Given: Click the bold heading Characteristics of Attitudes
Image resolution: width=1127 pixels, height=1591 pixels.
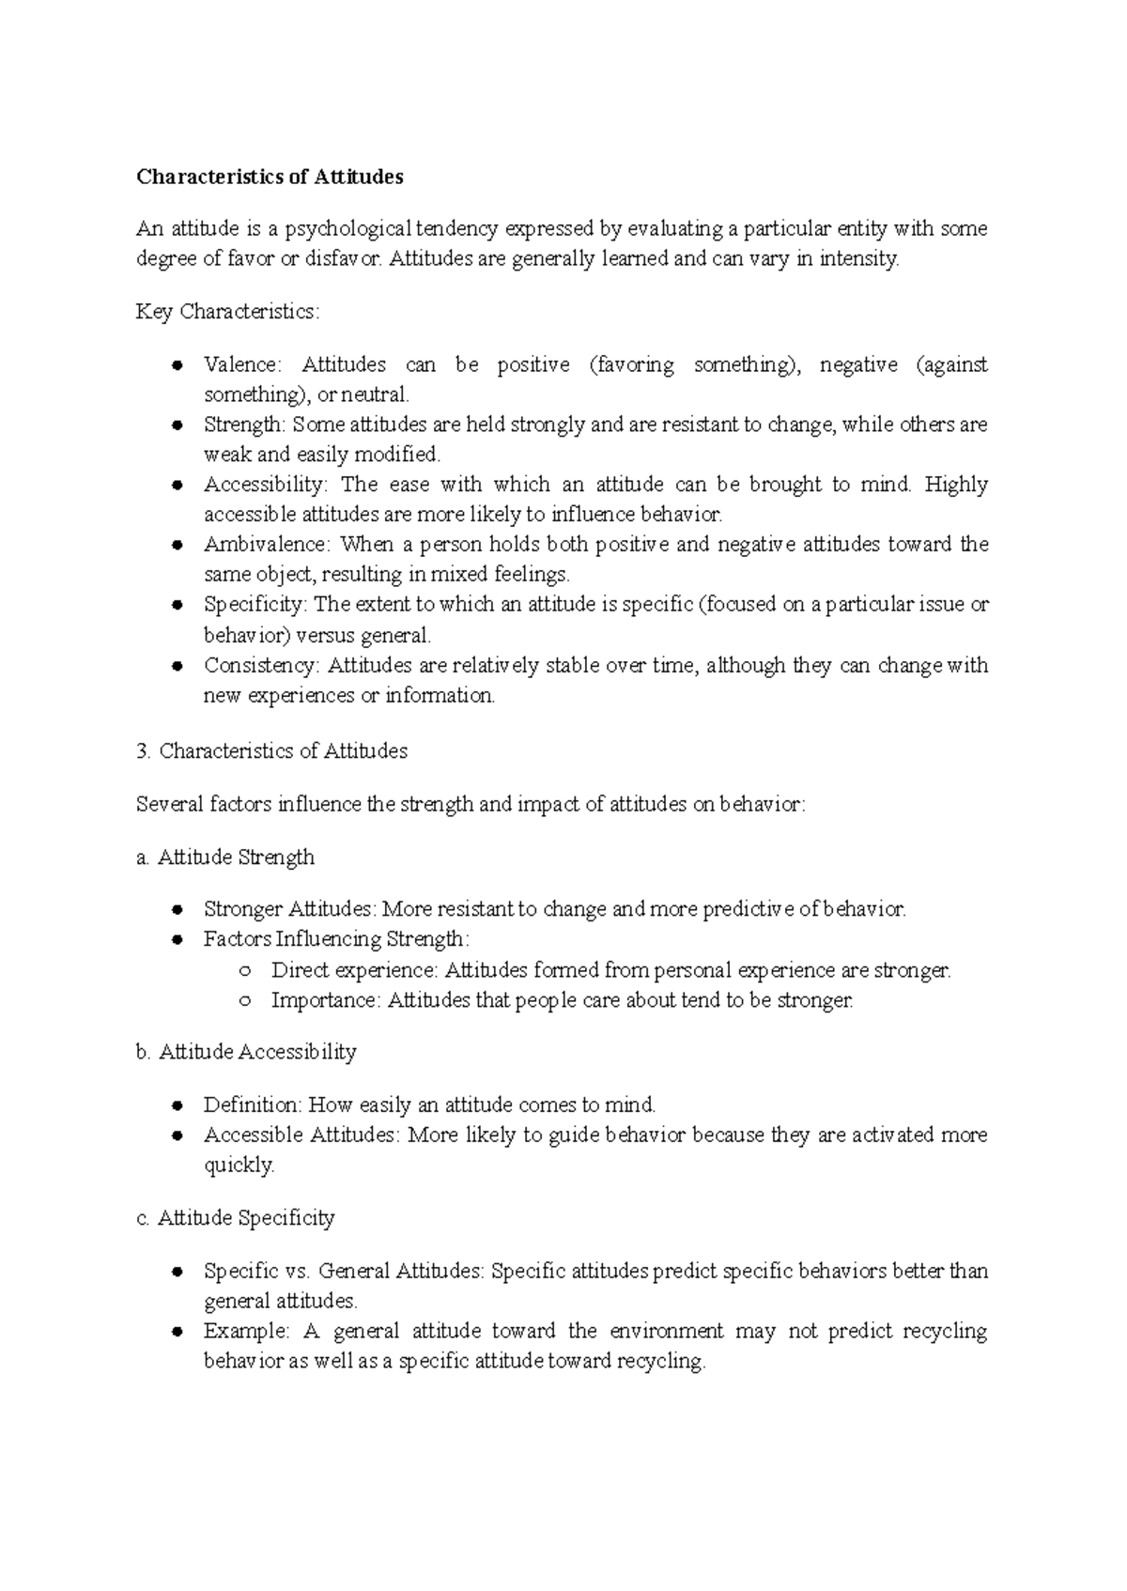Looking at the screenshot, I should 270,177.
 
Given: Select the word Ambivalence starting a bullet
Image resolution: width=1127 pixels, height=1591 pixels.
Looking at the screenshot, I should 267,545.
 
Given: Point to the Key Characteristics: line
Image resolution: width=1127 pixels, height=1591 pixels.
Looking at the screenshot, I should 227,312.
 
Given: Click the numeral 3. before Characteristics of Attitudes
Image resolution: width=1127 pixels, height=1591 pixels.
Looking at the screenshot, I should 143,751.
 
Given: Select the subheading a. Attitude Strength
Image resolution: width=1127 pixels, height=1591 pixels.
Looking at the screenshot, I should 225,857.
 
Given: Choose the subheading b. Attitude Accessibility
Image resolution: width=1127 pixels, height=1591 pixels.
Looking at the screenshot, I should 246,1052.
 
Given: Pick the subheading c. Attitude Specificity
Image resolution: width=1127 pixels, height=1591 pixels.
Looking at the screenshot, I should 235,1218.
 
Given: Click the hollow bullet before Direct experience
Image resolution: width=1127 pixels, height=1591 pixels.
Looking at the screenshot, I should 245,971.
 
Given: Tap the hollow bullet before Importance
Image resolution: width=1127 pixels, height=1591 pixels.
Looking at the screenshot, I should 245,1001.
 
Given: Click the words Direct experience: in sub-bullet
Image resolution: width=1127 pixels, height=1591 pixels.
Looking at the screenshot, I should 354,970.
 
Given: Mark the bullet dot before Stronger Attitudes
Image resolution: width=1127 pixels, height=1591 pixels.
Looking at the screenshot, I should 177,910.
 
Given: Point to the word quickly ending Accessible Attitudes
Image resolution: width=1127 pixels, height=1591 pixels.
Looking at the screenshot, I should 239,1166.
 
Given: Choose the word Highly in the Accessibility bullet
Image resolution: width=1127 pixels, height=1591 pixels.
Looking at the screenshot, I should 956,485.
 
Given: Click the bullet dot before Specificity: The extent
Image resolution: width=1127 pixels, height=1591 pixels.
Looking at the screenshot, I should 177,606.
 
